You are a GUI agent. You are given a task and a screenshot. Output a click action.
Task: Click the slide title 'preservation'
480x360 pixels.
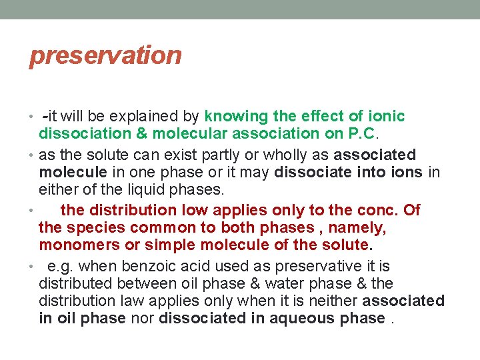point(105,55)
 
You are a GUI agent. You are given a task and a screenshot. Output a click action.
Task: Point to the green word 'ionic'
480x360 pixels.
point(387,117)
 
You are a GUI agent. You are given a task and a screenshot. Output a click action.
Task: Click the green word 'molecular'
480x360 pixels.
point(187,134)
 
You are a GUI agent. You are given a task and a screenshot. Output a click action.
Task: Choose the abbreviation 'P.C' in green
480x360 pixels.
point(362,134)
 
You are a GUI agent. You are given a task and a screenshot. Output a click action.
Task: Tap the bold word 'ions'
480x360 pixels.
point(407,173)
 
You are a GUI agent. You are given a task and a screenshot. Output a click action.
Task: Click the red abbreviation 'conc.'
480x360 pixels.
point(381,210)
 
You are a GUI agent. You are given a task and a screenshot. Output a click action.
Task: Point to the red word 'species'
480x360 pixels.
point(92,227)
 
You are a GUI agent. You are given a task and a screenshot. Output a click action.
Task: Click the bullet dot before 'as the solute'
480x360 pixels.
point(33,156)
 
